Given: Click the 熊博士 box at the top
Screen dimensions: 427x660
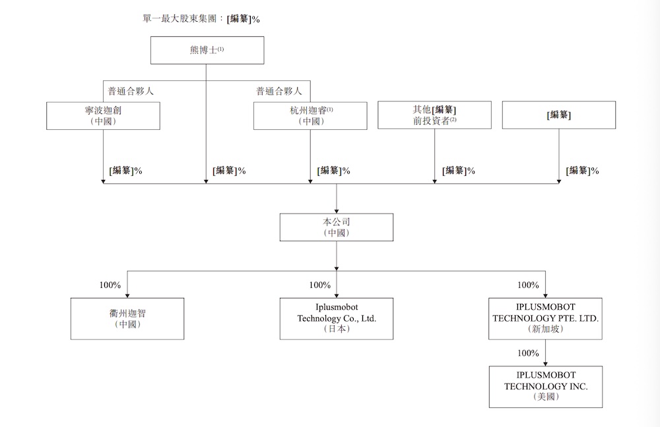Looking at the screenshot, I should (207, 50).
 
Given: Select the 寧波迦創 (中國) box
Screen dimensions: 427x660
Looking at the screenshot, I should (103, 115).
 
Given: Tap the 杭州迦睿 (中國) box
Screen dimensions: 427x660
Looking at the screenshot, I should (310, 115).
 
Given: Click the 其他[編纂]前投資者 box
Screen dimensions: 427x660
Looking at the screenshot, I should (434, 115).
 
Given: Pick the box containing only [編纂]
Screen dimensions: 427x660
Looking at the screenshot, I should (558, 115).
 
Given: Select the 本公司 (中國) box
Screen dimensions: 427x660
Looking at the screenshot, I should (337, 227).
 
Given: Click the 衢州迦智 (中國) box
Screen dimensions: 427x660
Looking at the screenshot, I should (127, 318).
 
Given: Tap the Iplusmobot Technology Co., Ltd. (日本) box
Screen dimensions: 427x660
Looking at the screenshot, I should (337, 318).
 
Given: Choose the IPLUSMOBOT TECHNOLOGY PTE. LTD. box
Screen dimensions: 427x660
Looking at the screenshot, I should (545, 318).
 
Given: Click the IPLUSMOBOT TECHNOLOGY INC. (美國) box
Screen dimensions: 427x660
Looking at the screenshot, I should (545, 386).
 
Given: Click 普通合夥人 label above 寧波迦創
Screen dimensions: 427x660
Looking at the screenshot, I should (131, 91).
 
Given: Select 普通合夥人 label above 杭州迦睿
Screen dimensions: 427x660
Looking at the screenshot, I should (279, 91).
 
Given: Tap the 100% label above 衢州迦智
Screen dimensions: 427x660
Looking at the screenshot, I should (110, 285).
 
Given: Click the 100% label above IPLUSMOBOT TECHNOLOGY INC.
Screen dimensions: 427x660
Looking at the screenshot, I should (528, 353).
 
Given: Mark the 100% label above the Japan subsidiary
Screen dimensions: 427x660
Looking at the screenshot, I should (319, 285).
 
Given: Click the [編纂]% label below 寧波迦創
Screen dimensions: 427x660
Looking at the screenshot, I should (125, 171).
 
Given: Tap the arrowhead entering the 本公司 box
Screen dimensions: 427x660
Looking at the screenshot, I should (337, 210).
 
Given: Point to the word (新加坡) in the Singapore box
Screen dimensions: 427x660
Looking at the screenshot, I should (545, 329).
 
